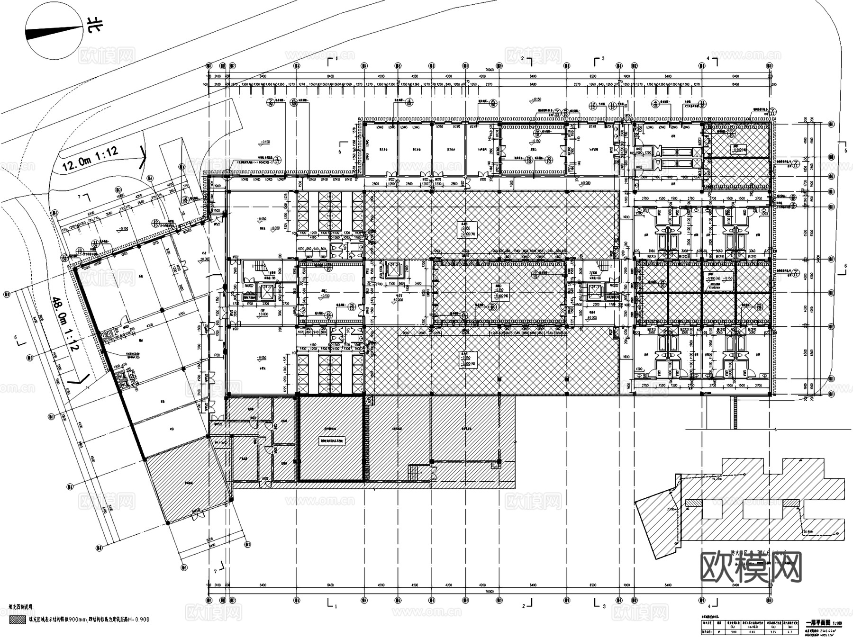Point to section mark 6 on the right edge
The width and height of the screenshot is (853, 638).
coord(845,266)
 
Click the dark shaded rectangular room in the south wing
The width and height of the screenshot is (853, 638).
coord(331,440)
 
